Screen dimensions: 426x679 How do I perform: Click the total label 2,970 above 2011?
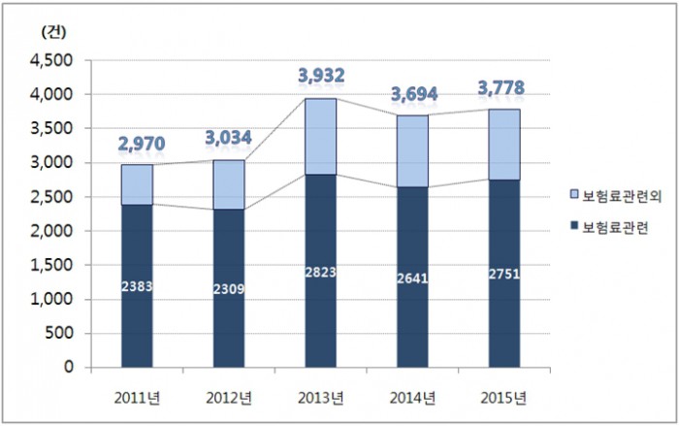tap(142, 145)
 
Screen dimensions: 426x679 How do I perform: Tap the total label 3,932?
tap(320, 76)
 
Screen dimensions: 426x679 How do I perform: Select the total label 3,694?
tap(414, 94)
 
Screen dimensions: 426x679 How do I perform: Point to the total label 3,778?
tap(501, 89)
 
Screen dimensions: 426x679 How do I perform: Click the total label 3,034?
tap(229, 139)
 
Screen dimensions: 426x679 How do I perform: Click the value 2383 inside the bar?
tap(137, 286)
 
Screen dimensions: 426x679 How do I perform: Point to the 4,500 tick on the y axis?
tap(55, 60)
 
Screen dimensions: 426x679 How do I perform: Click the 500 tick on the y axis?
tap(62, 333)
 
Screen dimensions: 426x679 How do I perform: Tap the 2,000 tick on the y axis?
tap(55, 231)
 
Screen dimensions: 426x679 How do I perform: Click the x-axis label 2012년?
tap(228, 398)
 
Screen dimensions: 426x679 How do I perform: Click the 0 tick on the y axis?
tap(70, 367)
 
